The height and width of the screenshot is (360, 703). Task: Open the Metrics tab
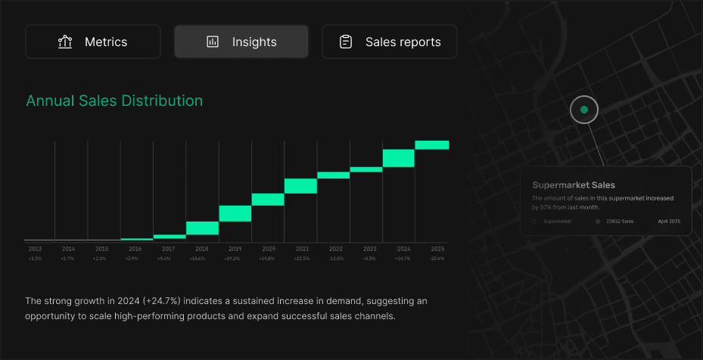[93, 42]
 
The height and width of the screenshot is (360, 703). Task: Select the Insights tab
[241, 42]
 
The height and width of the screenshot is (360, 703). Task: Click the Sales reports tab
[390, 42]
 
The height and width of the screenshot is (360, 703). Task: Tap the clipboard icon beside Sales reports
[346, 42]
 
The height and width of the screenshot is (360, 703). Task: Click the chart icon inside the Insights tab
[213, 42]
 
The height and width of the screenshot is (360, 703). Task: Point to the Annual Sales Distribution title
[114, 101]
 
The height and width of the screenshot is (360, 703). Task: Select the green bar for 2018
[202, 228]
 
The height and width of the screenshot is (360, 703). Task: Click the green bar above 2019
[235, 213]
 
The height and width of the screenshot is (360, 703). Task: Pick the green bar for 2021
[300, 186]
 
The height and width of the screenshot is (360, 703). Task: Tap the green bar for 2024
[399, 157]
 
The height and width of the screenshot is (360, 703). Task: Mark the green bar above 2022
[333, 175]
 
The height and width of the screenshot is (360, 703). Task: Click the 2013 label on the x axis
[36, 249]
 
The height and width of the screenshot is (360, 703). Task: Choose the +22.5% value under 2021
[301, 259]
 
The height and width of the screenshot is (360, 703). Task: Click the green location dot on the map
[583, 110]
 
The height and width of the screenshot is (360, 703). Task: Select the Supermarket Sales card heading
[574, 185]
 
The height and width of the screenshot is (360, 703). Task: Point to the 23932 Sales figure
[621, 222]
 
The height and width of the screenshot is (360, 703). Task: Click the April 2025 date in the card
[670, 222]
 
